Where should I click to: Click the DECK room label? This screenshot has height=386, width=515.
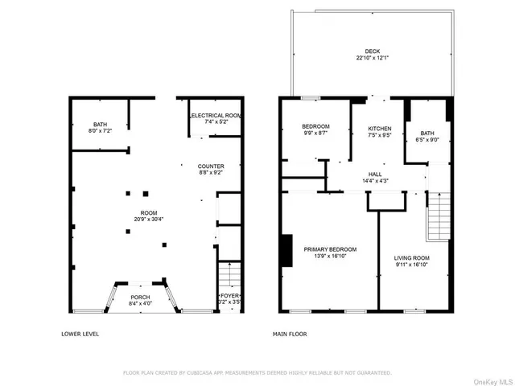371,51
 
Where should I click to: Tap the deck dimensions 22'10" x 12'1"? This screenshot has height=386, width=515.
371,58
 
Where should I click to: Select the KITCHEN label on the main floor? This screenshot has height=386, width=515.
379,129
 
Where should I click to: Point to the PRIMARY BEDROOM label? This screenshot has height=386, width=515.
330,249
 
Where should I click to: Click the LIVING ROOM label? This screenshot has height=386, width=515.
411,257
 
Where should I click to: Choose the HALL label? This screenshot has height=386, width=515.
375,174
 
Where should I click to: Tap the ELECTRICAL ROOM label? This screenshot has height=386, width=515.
216,116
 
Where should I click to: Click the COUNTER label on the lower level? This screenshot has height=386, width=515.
211,166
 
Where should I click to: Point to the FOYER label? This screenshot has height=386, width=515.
230,295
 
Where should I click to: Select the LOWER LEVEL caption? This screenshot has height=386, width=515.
80,334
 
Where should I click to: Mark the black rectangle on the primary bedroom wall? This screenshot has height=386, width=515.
286,250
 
